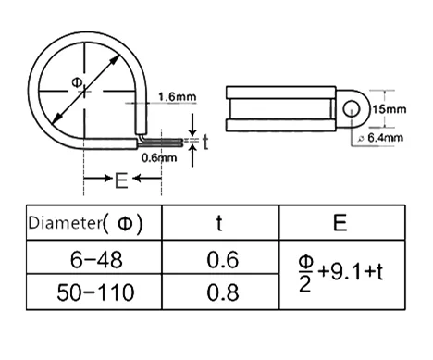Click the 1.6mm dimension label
point(178,97)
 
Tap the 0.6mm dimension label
point(159,158)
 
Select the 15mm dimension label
point(390,109)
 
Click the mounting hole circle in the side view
point(352,109)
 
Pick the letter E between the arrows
point(121,180)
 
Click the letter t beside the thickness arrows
point(205,143)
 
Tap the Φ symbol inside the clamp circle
point(77,82)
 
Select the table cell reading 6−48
point(96,260)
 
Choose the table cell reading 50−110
point(95,292)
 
